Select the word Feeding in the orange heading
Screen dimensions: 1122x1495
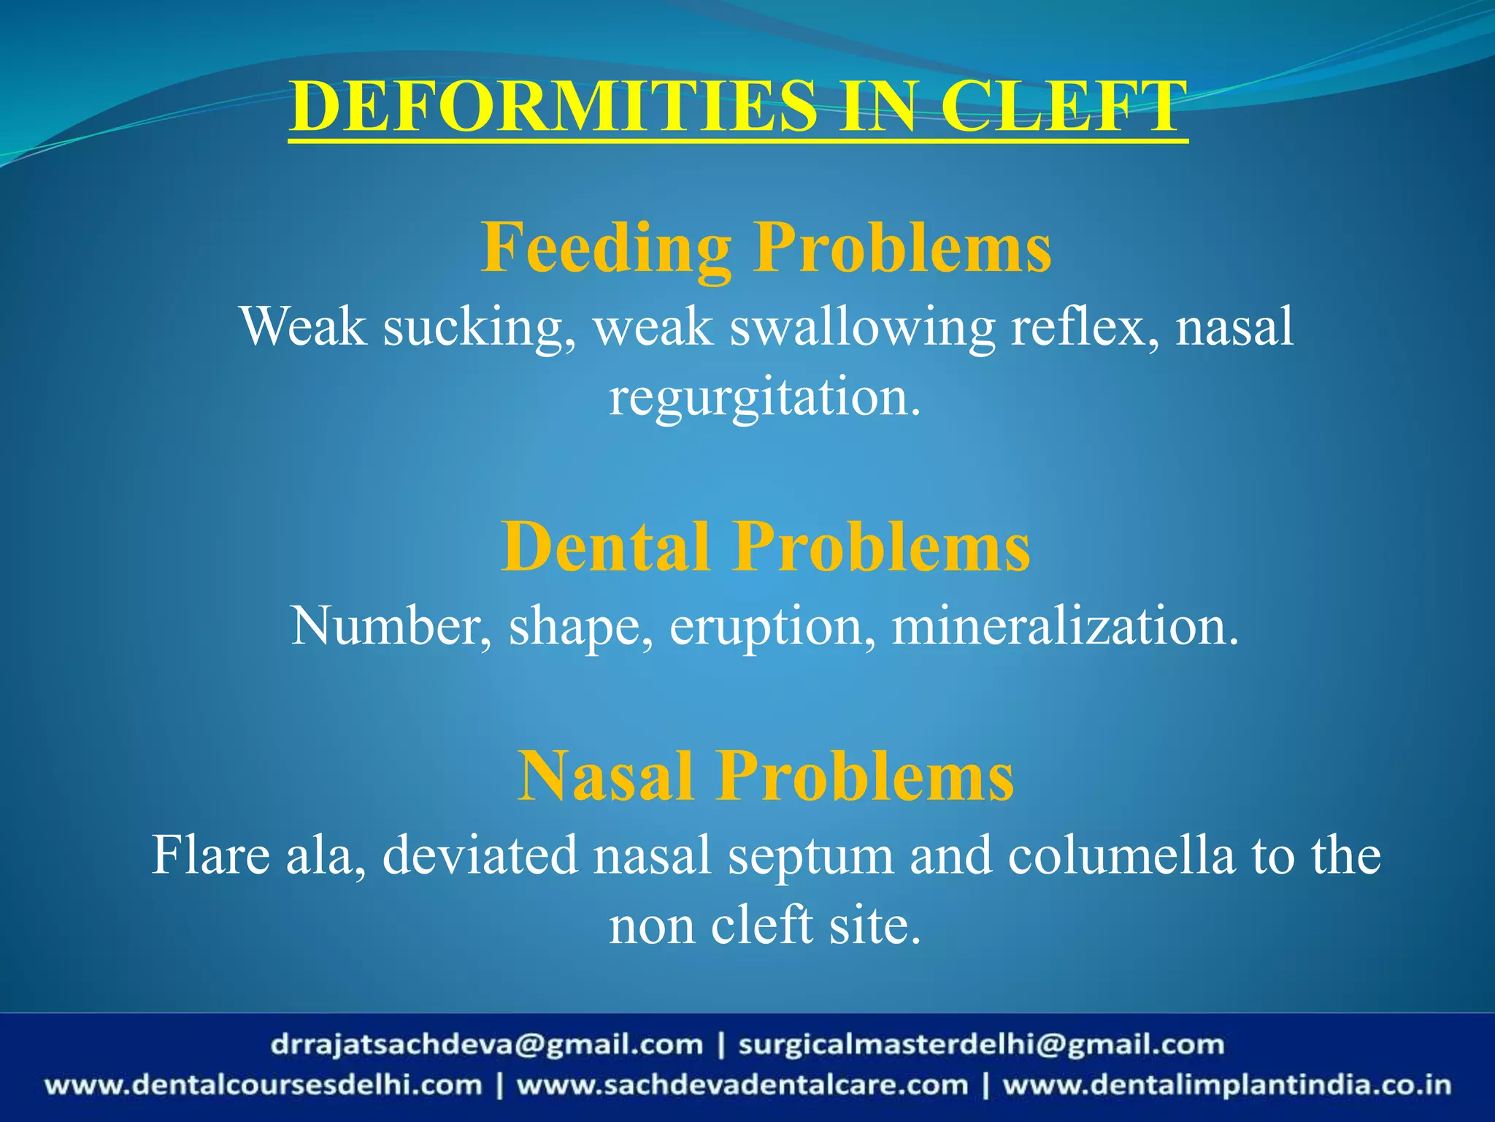(x=606, y=248)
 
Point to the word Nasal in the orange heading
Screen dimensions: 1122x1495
(x=606, y=776)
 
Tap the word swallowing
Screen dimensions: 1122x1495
(x=862, y=327)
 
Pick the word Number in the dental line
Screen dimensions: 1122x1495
(x=391, y=627)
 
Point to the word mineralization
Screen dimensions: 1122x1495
(x=1065, y=627)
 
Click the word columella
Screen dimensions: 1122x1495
(x=1121, y=855)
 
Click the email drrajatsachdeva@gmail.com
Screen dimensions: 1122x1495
(x=486, y=1045)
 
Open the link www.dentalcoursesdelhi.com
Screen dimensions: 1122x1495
(x=263, y=1085)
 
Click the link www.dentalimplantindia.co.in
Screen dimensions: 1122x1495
(x=1226, y=1085)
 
